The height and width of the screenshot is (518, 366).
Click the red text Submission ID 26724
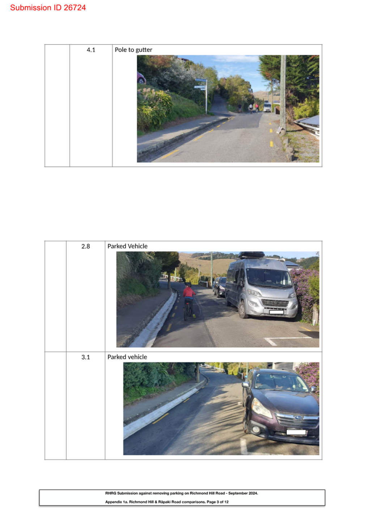coord(48,8)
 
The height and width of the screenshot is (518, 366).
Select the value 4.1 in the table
coord(91,50)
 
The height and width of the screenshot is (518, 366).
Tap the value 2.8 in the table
coord(86,246)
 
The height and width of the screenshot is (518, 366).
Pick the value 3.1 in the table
coord(86,357)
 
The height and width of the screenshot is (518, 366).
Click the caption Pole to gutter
coord(133,50)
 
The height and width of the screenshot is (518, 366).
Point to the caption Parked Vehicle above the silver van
coord(127,246)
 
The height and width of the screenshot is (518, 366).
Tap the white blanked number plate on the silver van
coord(276,312)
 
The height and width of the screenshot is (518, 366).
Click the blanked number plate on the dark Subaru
coord(296,432)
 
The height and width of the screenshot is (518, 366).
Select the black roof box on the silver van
coord(251,255)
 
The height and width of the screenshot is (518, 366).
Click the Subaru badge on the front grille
coord(298,418)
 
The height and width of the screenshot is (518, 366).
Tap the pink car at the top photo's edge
coord(141,78)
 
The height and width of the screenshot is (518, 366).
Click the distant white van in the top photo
coord(267,107)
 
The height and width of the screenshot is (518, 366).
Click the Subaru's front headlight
coord(261,408)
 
